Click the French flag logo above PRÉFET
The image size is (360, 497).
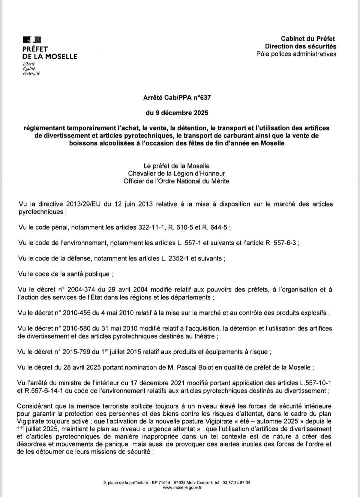pyautogui.click(x=32, y=40)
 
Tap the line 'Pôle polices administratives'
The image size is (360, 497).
pyautogui.click(x=296, y=54)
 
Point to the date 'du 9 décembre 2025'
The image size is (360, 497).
pyautogui.click(x=177, y=113)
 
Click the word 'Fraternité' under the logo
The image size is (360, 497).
pyautogui.click(x=31, y=73)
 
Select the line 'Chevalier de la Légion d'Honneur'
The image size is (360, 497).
pyautogui.click(x=176, y=173)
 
